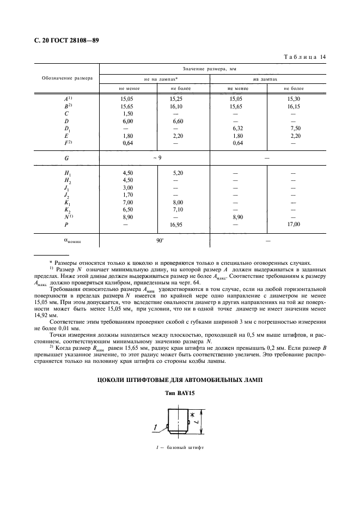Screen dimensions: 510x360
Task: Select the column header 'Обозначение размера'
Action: coord(67,78)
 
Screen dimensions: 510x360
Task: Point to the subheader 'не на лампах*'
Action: coord(154,78)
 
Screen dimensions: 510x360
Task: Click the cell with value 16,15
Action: coord(294,106)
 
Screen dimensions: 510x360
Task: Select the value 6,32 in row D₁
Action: coord(237,129)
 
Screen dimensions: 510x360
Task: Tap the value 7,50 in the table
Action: coord(294,129)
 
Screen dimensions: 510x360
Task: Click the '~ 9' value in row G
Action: coord(155,157)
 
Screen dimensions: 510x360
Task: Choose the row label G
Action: coord(66,157)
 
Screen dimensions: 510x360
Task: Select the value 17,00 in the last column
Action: coord(294,223)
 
